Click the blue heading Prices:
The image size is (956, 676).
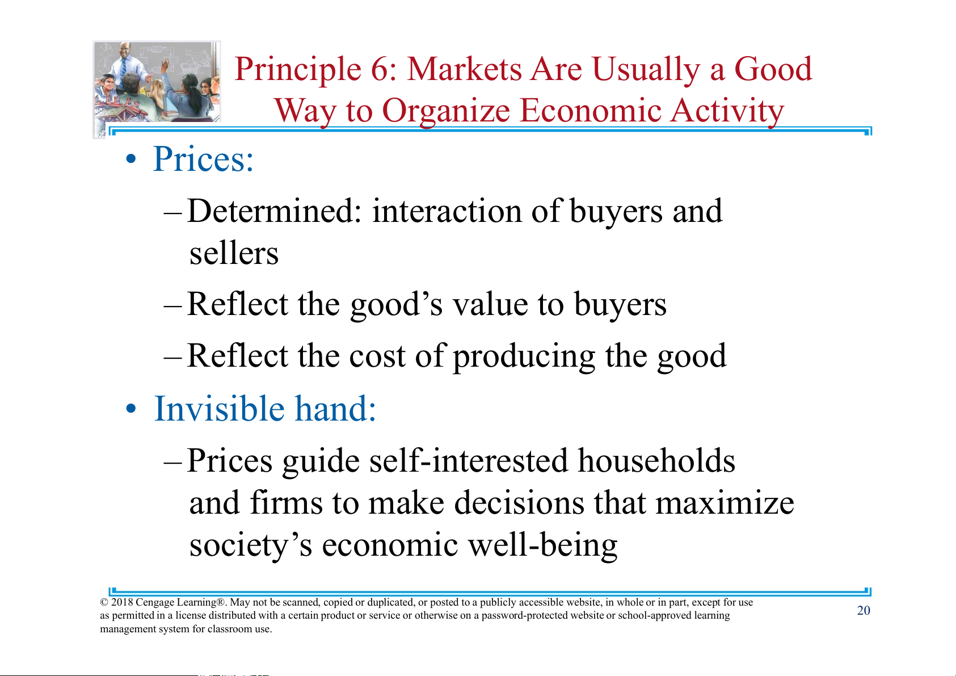tap(203, 159)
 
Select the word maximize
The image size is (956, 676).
tap(725, 502)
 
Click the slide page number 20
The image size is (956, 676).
tap(864, 610)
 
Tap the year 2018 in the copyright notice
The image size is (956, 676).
tap(122, 602)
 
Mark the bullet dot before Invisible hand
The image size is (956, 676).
tap(131, 408)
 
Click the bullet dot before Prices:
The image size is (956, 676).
tap(131, 159)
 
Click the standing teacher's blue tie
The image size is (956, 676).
tap(123, 68)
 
